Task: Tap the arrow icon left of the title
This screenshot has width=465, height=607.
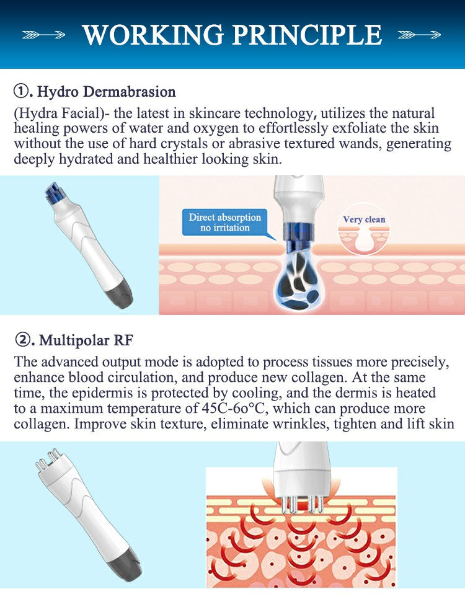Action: click(x=43, y=35)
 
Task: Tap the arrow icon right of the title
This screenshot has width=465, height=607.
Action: click(x=420, y=35)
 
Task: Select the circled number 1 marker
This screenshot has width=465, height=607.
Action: click(x=22, y=92)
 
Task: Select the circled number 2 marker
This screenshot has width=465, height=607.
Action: click(x=22, y=340)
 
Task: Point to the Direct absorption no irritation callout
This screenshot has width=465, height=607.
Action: click(x=225, y=223)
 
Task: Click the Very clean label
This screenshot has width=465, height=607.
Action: click(x=364, y=219)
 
